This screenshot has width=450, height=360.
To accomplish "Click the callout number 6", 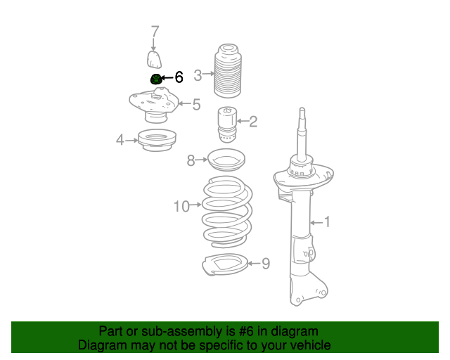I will [x=179, y=77].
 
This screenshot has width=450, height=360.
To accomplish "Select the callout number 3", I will [x=198, y=75].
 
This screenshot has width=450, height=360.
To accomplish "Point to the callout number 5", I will [x=196, y=105].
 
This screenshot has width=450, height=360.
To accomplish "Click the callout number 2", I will [x=253, y=122].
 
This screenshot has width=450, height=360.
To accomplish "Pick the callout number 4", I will [x=120, y=141].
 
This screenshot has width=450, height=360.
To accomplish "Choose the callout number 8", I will [x=191, y=161].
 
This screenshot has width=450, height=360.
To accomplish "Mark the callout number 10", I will [x=181, y=206].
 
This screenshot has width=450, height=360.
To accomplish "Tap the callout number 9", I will [x=265, y=264].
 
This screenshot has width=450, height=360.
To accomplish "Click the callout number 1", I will [x=326, y=222].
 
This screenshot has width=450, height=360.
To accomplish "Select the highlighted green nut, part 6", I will [x=155, y=79].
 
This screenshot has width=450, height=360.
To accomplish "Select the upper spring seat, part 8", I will [x=225, y=162].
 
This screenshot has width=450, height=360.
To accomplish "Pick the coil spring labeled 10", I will [x=226, y=211].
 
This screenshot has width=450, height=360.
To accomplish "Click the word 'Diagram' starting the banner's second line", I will [x=101, y=345].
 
